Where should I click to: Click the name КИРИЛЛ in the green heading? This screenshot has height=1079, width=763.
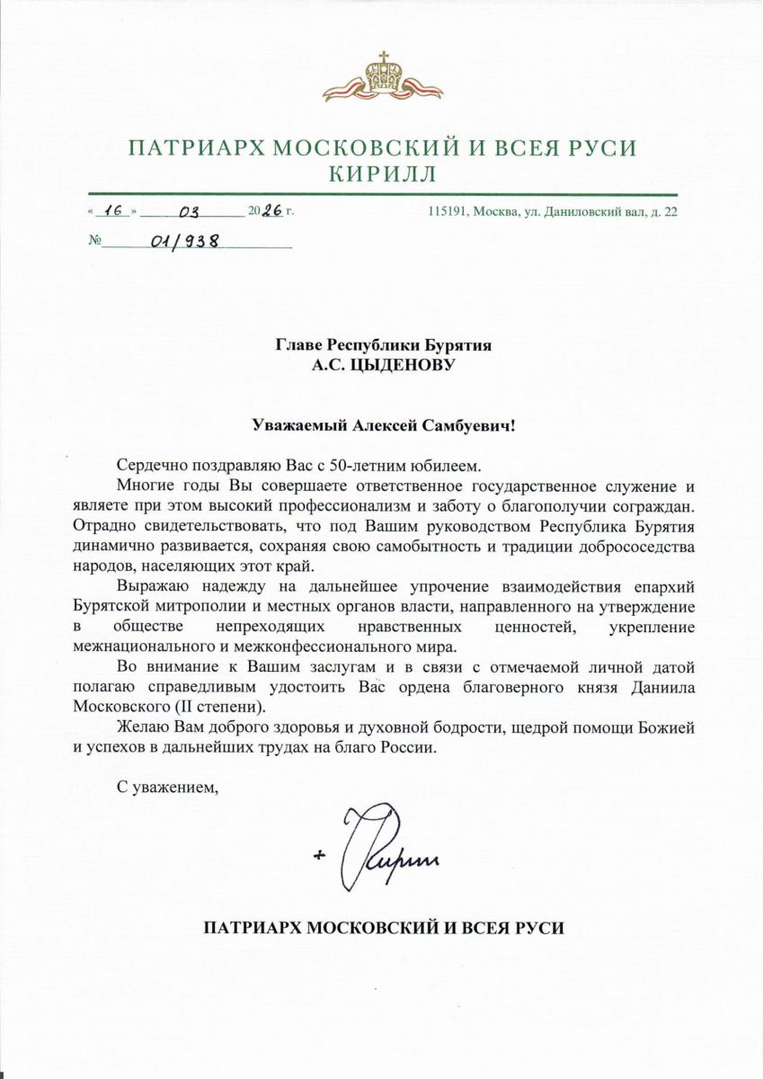pyautogui.click(x=381, y=173)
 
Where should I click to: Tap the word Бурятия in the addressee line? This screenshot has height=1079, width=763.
pyautogui.click(x=457, y=344)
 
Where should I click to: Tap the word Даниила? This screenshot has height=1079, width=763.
pyautogui.click(x=664, y=687)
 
